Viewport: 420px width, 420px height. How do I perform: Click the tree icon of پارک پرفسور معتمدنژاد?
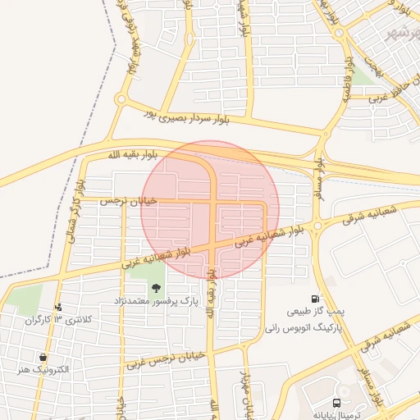point(156,287)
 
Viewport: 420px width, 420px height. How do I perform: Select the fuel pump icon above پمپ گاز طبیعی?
point(314,299)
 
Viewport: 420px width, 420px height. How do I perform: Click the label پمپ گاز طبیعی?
point(314,313)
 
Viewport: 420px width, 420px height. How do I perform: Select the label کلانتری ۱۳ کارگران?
point(60,319)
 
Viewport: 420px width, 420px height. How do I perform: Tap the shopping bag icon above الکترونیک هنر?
point(42,358)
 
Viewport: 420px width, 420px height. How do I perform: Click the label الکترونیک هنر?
point(43,371)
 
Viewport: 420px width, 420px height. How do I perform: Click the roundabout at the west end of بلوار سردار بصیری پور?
point(121,100)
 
